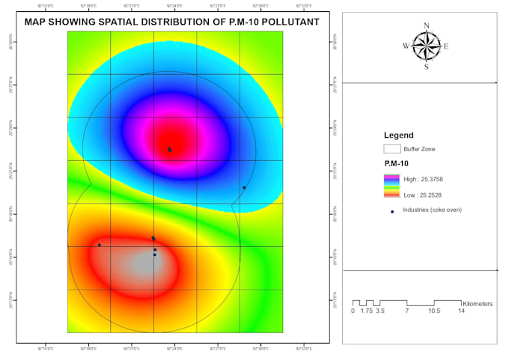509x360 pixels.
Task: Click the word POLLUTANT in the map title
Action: pyautogui.click(x=285, y=22)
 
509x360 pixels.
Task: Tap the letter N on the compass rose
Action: pyautogui.click(x=427, y=26)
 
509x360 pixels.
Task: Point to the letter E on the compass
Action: pyautogui.click(x=446, y=46)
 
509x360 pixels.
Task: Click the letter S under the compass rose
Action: pyautogui.click(x=427, y=67)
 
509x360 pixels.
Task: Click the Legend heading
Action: pyautogui.click(x=398, y=135)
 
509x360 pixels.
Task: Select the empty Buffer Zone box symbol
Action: pyautogui.click(x=392, y=149)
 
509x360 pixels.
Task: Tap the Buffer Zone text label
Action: pyautogui.click(x=419, y=149)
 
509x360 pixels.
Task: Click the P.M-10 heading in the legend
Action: pyautogui.click(x=395, y=163)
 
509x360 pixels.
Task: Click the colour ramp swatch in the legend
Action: pyautogui.click(x=392, y=186)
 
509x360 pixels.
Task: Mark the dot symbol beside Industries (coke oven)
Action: pyautogui.click(x=392, y=211)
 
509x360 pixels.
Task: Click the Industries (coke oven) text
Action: pyautogui.click(x=432, y=210)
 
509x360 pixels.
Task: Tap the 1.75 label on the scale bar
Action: pyautogui.click(x=366, y=311)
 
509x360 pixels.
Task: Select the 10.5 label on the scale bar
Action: pyautogui.click(x=434, y=311)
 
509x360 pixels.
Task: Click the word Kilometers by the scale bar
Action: pyautogui.click(x=478, y=304)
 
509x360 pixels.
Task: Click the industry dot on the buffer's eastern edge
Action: pyautogui.click(x=244, y=187)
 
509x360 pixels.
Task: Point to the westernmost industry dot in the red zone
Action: pyautogui.click(x=99, y=245)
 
